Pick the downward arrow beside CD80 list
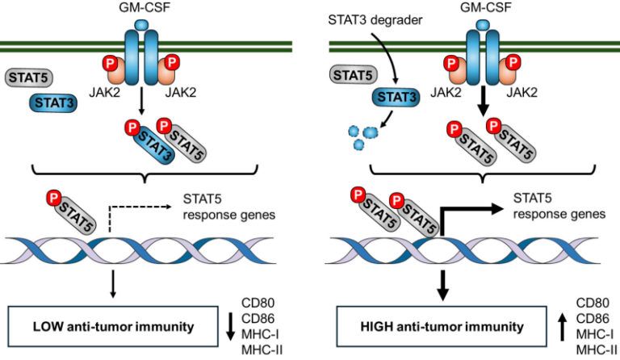[x=231, y=326]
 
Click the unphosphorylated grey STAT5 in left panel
[x=30, y=77]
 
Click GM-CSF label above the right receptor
[x=481, y=10]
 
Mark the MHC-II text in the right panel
[x=592, y=348]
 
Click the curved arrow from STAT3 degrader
[x=388, y=57]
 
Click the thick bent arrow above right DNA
[x=468, y=213]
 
